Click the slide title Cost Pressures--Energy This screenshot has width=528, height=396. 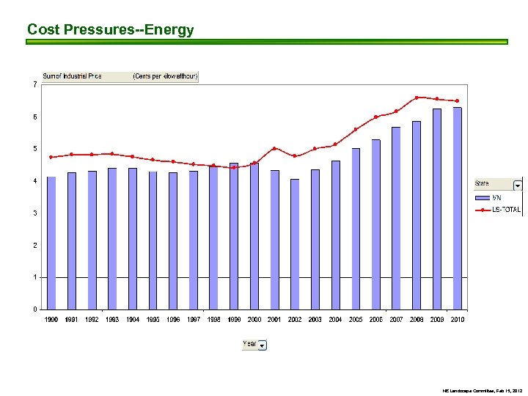click(x=110, y=30)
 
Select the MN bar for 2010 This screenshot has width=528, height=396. click(x=457, y=208)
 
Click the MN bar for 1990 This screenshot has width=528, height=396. click(x=51, y=243)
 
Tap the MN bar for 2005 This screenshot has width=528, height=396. click(x=356, y=229)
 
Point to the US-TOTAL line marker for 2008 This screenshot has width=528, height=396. click(x=417, y=98)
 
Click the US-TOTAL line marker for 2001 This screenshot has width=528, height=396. click(x=274, y=148)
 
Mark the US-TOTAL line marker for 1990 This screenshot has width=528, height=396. click(x=51, y=157)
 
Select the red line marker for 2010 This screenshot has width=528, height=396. click(x=457, y=101)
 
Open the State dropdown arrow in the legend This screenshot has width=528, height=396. click(x=517, y=184)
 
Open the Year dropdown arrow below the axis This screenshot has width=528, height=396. click(x=263, y=345)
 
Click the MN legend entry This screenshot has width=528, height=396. click(x=496, y=197)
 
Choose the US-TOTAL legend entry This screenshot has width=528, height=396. click(x=505, y=210)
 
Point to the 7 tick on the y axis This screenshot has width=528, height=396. click(x=36, y=84)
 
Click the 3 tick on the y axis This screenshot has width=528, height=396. click(x=36, y=213)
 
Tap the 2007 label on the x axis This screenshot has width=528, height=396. click(x=396, y=320)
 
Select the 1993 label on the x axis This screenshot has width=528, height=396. click(x=112, y=320)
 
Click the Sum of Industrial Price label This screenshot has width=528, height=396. click(x=72, y=76)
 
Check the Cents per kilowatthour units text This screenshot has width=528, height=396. click(x=165, y=76)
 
